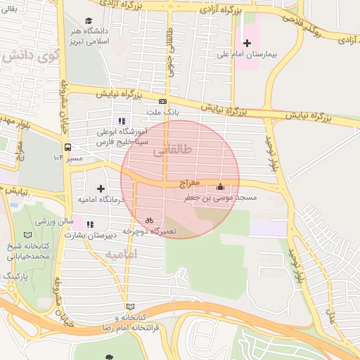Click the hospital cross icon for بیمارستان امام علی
(247, 44)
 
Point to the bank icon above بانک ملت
(163, 101)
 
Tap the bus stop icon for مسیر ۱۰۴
(68, 148)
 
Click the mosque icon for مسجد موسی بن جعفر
(221, 187)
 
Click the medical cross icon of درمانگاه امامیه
(101, 188)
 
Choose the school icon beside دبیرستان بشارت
(90, 224)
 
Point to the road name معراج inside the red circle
(190, 183)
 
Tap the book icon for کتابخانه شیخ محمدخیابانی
(28, 235)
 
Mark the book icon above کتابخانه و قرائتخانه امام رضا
(129, 307)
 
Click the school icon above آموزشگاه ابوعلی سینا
(123, 120)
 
